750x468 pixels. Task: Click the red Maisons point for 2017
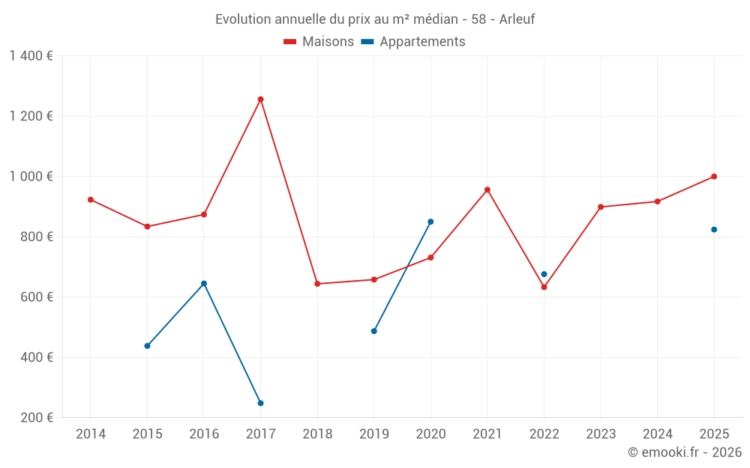pyautogui.click(x=260, y=99)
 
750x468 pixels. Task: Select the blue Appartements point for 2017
pyautogui.click(x=260, y=403)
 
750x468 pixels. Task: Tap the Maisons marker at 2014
pyautogui.click(x=91, y=199)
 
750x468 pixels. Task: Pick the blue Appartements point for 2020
pyautogui.click(x=430, y=222)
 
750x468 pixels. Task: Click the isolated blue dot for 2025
pyautogui.click(x=714, y=229)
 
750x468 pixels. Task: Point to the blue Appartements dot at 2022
pyautogui.click(x=544, y=274)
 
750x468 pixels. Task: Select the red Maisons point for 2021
pyautogui.click(x=487, y=189)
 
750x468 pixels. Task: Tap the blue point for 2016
pyautogui.click(x=204, y=284)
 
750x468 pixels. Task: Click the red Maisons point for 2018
pyautogui.click(x=317, y=284)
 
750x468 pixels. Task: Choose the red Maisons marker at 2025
pyautogui.click(x=714, y=177)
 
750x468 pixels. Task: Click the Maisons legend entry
pyautogui.click(x=319, y=42)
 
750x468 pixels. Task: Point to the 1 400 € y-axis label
pyautogui.click(x=31, y=56)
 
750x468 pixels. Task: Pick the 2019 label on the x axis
pyautogui.click(x=373, y=434)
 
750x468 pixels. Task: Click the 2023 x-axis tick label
pyautogui.click(x=601, y=434)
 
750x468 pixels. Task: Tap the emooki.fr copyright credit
pyautogui.click(x=685, y=452)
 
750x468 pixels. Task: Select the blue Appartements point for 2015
pyautogui.click(x=147, y=346)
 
